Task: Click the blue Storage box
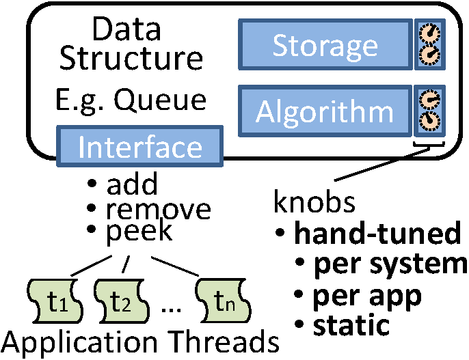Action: click(325, 44)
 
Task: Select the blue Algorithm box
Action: click(325, 111)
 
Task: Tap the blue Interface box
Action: click(139, 146)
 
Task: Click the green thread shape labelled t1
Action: click(55, 301)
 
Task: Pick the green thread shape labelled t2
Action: click(121, 301)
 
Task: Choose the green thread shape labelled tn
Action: click(223, 301)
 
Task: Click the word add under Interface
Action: click(132, 184)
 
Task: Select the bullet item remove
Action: click(158, 210)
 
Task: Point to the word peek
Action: click(139, 232)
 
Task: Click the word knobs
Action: click(314, 201)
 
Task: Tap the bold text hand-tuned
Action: click(377, 233)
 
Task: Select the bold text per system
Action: click(390, 264)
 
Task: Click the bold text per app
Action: click(367, 296)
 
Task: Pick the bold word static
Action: click(351, 324)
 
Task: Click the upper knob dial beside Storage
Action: click(429, 33)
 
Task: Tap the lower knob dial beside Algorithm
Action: click(429, 122)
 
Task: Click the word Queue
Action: click(160, 100)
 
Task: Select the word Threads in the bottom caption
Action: click(224, 342)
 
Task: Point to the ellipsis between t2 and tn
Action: click(171, 310)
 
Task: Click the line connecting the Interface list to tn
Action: click(175, 266)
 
